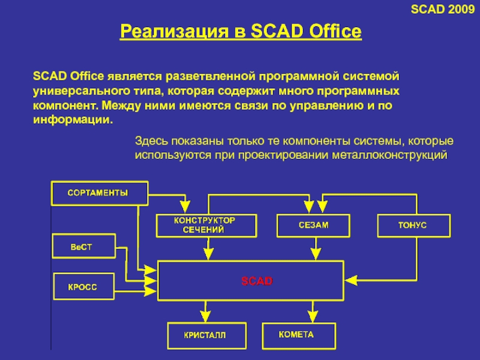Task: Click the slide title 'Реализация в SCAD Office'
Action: pyautogui.click(x=241, y=31)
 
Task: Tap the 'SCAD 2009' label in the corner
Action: pyautogui.click(x=451, y=9)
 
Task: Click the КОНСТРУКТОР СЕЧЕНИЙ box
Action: pyautogui.click(x=205, y=225)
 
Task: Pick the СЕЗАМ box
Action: pyautogui.click(x=313, y=225)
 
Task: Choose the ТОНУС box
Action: pyautogui.click(x=413, y=225)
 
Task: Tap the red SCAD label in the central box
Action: pyautogui.click(x=257, y=280)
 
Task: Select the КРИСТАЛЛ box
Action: pyautogui.click(x=206, y=335)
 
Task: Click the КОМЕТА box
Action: pyautogui.click(x=296, y=334)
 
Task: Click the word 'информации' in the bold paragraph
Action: pyautogui.click(x=72, y=119)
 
